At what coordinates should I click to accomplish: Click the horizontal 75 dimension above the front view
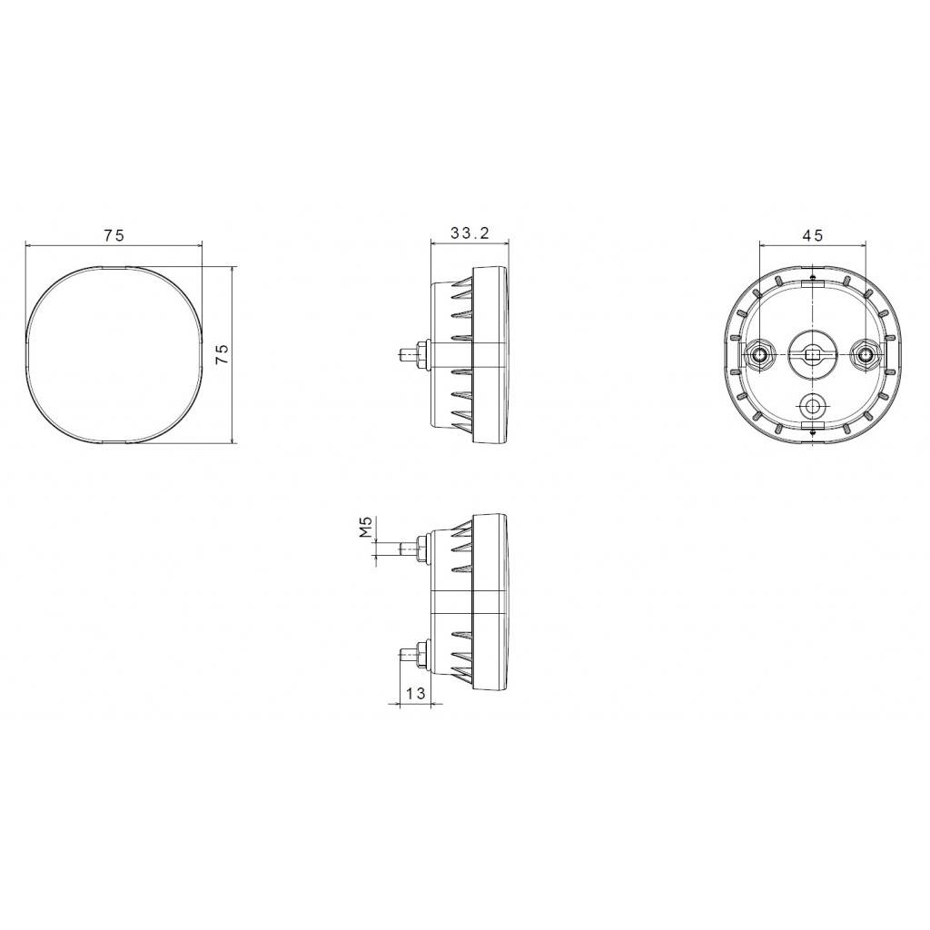[114, 235]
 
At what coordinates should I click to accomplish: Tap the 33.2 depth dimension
[470, 234]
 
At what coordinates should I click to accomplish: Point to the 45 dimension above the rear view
[812, 235]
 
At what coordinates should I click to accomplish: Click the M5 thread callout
[365, 527]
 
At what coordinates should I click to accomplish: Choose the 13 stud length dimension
[415, 693]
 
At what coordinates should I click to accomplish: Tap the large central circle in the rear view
[811, 350]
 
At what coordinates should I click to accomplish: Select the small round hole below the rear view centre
[812, 404]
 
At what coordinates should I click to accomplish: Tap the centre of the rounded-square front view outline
[114, 354]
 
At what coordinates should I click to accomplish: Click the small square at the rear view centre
[812, 354]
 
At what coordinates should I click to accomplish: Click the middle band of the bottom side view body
[472, 600]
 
